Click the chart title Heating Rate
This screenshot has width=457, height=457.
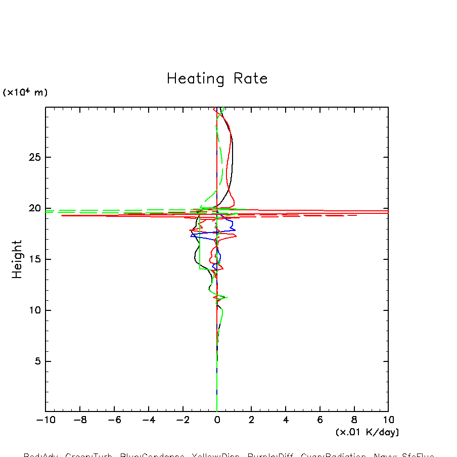pyautogui.click(x=217, y=79)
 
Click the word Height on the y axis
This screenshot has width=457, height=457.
pyautogui.click(x=17, y=259)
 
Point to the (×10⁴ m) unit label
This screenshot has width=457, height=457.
pyautogui.click(x=25, y=93)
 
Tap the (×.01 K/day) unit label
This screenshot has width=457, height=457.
pyautogui.click(x=367, y=432)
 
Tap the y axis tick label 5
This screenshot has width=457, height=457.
pyautogui.click(x=36, y=361)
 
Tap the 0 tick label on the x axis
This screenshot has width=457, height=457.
pyautogui.click(x=217, y=420)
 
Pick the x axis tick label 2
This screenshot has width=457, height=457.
pyautogui.click(x=251, y=420)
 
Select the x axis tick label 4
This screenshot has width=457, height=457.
pyautogui.click(x=286, y=420)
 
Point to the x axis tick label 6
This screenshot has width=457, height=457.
pyautogui.click(x=320, y=420)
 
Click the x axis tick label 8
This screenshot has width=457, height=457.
pyautogui.click(x=354, y=420)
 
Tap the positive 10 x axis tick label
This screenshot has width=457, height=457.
pyautogui.click(x=388, y=420)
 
